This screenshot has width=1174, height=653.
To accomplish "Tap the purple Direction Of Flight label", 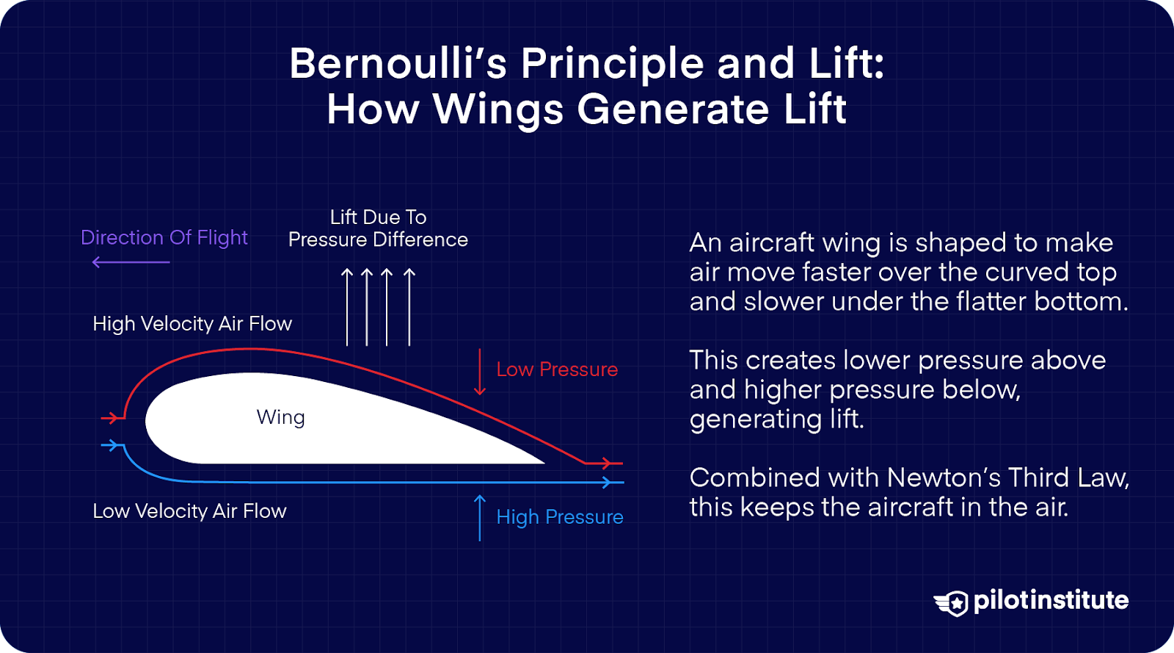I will (x=164, y=237).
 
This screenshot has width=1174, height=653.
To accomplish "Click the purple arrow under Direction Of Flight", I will (x=131, y=262).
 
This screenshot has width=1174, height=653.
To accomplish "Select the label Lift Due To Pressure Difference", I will (x=378, y=228).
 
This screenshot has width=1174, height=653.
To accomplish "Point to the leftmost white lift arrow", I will (x=348, y=306).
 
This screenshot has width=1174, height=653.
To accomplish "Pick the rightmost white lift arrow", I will (x=409, y=306).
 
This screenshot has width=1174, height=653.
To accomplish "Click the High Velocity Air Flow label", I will (x=192, y=324).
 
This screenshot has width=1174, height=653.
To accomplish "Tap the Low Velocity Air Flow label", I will (x=189, y=511).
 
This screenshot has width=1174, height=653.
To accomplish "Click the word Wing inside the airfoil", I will (x=280, y=417).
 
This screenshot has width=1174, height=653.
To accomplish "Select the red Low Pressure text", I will (x=557, y=369).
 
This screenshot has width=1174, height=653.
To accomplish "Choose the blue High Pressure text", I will (x=560, y=517).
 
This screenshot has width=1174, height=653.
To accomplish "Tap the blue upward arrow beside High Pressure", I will (x=480, y=517).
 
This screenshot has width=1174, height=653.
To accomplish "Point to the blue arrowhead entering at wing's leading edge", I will (x=112, y=445).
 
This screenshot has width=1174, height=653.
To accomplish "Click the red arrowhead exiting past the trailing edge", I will (x=606, y=463).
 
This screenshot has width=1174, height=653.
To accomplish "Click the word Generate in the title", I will (x=674, y=109).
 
